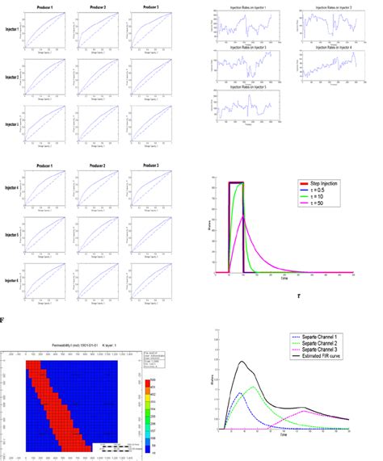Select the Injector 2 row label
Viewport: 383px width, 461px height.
pyautogui.click(x=12, y=78)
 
